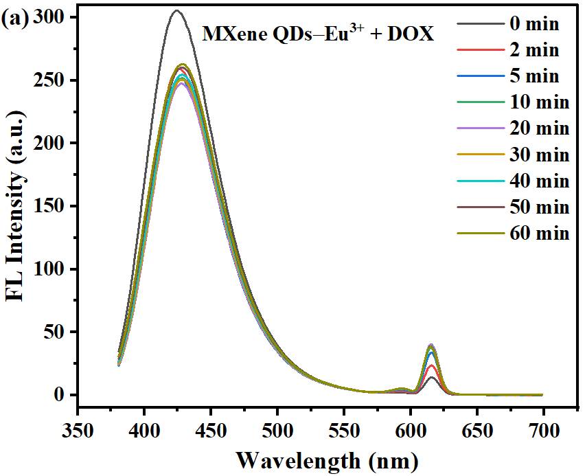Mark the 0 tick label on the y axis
pyautogui.click(x=62, y=395)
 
